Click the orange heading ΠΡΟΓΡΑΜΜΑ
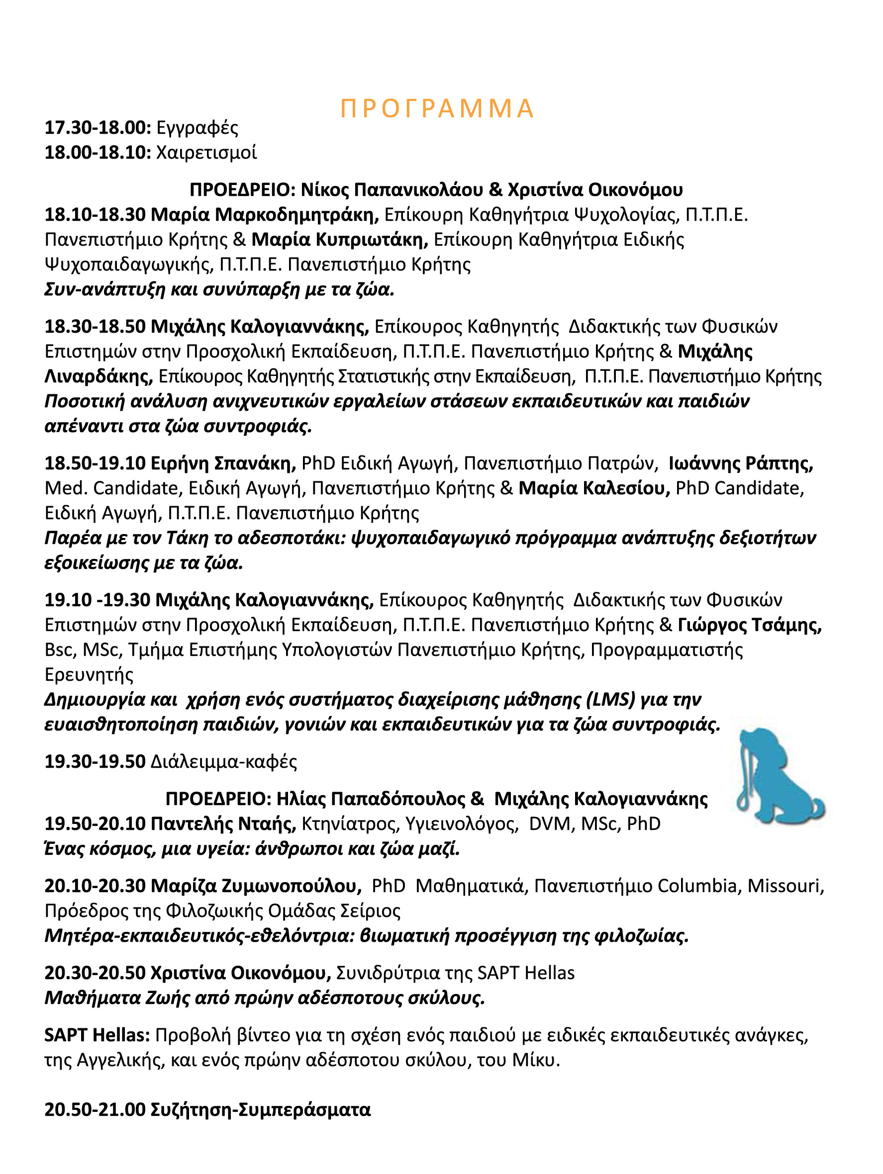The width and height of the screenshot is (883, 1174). pyautogui.click(x=436, y=109)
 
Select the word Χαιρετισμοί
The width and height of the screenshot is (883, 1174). pyautogui.click(x=206, y=153)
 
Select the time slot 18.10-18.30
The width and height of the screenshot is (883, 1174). pyautogui.click(x=95, y=215)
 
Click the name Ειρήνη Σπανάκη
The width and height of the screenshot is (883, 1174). pyautogui.click(x=223, y=463)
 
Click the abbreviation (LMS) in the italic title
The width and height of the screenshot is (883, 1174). pyautogui.click(x=610, y=700)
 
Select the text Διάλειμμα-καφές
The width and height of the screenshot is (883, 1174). pyautogui.click(x=223, y=762)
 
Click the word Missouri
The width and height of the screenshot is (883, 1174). pyautogui.click(x=786, y=886)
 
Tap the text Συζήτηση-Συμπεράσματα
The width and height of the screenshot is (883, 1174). pyautogui.click(x=261, y=1110)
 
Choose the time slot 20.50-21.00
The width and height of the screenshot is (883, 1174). pyautogui.click(x=95, y=1110)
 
